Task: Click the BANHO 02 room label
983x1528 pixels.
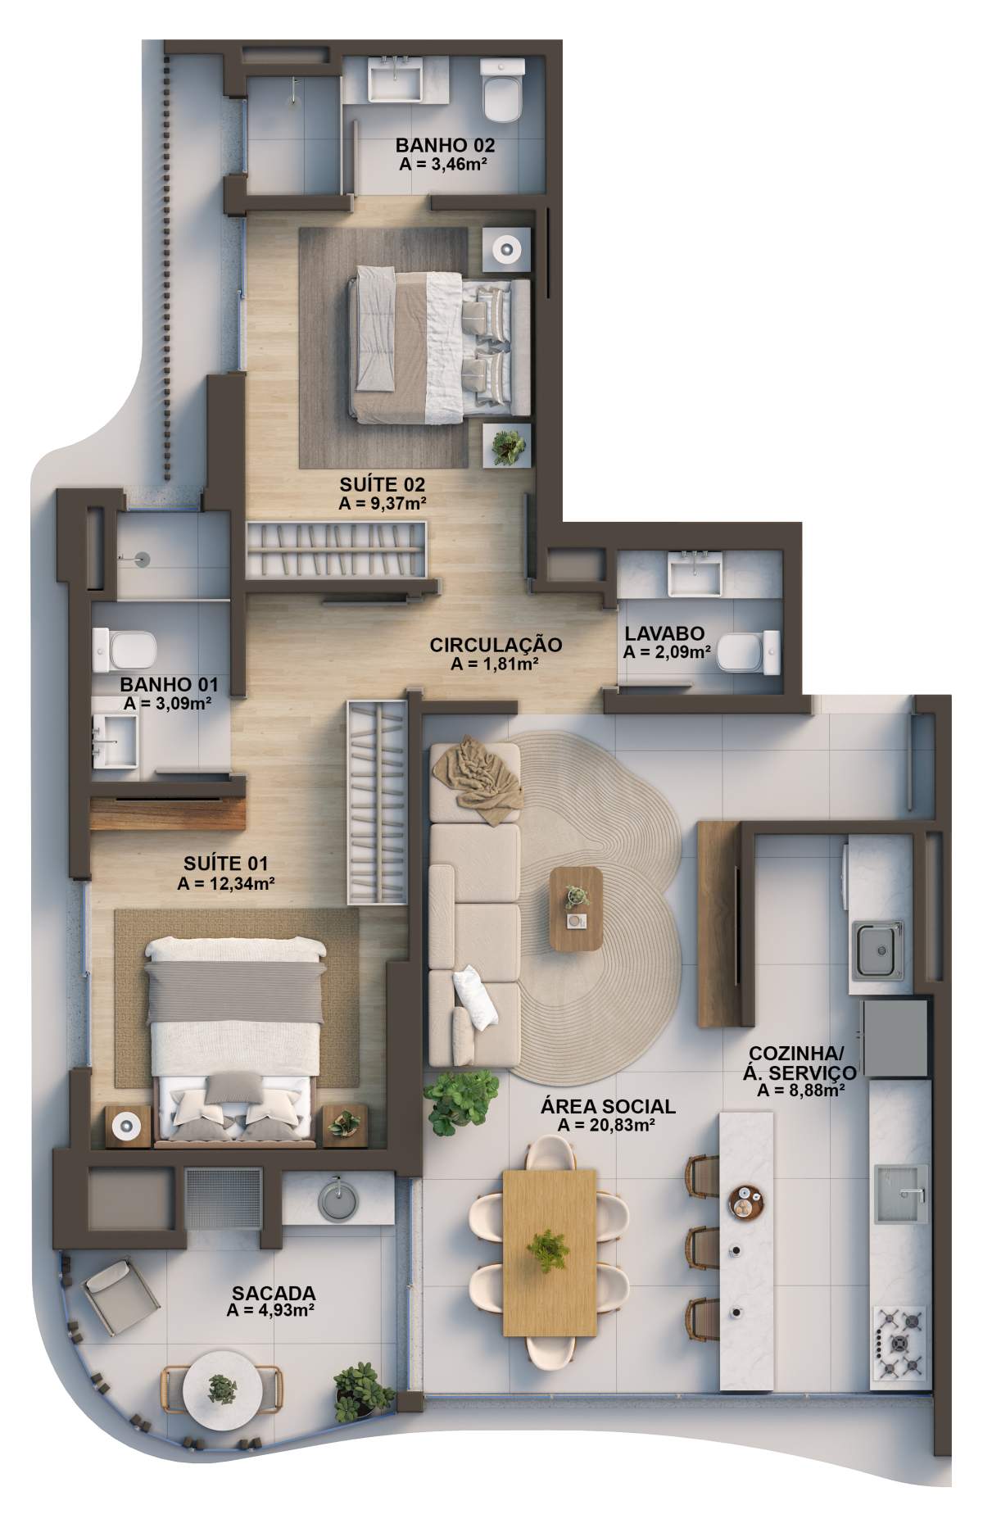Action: click(x=445, y=145)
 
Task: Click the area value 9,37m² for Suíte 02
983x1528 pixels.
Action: click(x=382, y=503)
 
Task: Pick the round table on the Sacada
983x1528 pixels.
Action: click(x=222, y=1387)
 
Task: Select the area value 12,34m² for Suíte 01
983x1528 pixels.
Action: click(x=225, y=883)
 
